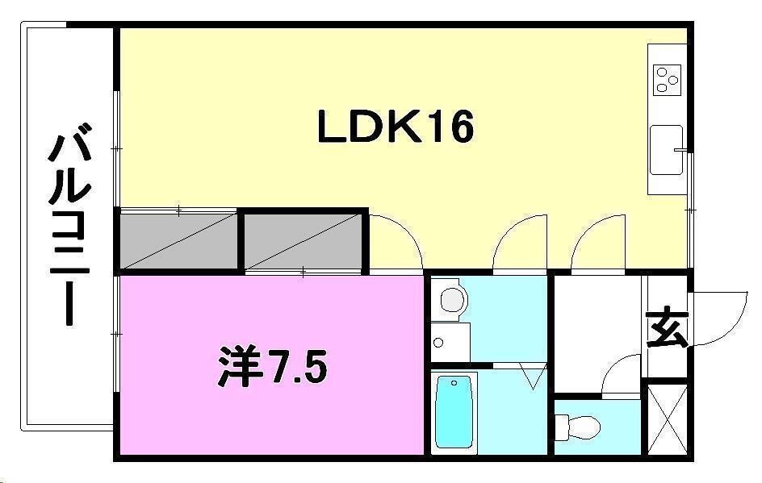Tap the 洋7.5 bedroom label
pos(272,368)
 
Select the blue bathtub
pos(453,412)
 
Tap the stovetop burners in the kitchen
pos(668,78)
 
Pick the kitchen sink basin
pos(667,149)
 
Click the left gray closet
pos(178,239)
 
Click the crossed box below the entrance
pos(667,421)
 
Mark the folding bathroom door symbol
pos(532,376)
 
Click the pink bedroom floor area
pos(202,411)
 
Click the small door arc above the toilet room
pos(620,376)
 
